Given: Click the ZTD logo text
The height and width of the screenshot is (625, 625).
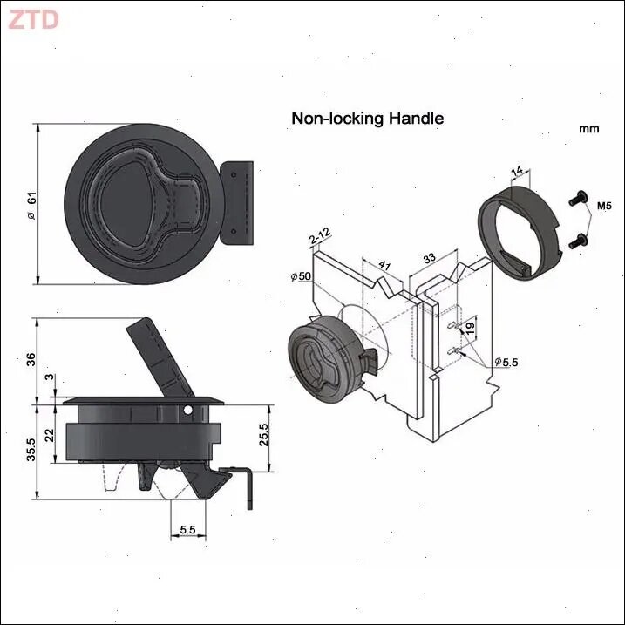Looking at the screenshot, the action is click(33, 19).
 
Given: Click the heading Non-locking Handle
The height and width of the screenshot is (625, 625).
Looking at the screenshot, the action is click(368, 119).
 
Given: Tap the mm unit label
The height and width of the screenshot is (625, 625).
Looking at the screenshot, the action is click(588, 129).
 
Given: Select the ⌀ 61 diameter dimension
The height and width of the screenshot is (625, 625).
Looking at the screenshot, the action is click(31, 205).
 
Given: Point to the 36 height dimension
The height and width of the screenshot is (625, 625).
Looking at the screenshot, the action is click(31, 359).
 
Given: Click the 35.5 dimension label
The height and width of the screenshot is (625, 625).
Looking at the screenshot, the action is click(31, 450).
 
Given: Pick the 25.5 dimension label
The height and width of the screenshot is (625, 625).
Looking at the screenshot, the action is click(263, 434).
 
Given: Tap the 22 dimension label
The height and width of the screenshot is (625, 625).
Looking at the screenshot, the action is click(50, 435).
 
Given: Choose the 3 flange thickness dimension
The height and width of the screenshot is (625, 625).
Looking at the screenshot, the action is click(49, 377).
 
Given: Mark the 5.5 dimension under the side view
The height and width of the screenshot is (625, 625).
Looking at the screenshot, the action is click(187, 530).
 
